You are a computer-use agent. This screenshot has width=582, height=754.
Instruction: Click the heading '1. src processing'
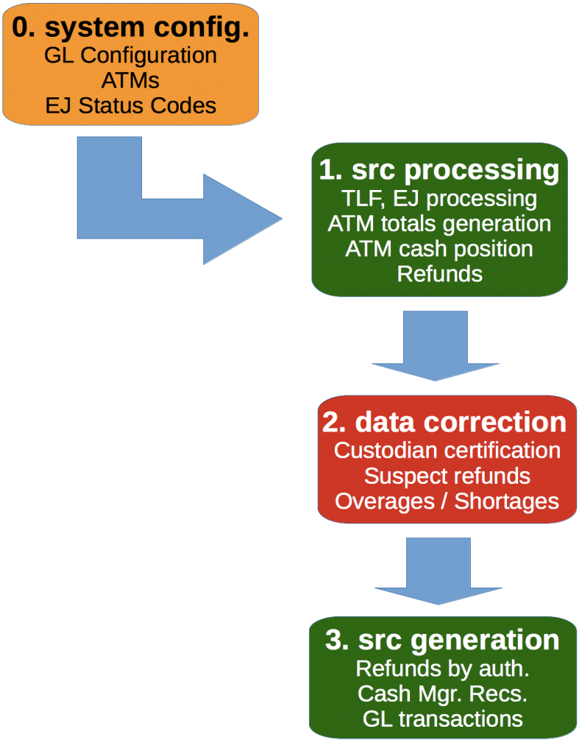(439, 169)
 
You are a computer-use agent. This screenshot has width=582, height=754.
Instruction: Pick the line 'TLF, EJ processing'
(439, 198)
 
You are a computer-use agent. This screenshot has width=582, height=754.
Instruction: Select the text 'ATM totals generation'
(439, 223)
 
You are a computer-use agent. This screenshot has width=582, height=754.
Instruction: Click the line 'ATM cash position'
(439, 248)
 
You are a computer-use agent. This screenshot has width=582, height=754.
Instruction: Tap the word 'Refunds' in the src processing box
(439, 273)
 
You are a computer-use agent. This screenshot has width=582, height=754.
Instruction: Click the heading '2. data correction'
(444, 422)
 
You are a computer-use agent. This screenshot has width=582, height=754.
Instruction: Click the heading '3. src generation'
(442, 639)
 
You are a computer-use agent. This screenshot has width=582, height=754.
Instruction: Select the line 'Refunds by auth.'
(442, 668)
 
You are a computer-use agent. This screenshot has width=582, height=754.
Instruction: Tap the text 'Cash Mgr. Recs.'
(442, 693)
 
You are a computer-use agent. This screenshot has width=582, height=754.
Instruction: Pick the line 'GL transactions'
(442, 718)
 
